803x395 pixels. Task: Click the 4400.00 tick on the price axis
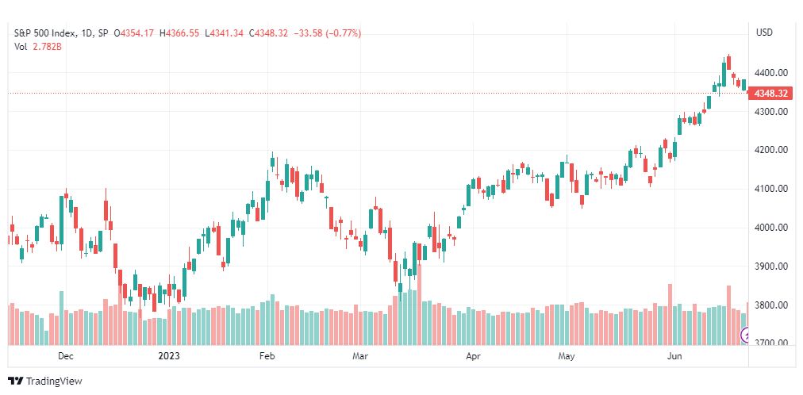(772, 73)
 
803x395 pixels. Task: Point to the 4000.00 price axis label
(772, 227)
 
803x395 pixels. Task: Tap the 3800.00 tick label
(772, 305)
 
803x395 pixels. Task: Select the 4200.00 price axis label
(772, 150)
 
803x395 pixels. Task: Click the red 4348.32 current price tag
(770, 94)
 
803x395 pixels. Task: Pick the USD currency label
(764, 33)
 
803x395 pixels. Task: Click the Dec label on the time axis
(66, 356)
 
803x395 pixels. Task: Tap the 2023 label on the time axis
(168, 356)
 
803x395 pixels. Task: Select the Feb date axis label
(267, 356)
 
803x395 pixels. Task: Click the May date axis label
(567, 356)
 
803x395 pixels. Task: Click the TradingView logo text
(54, 382)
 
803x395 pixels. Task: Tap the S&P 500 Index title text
(45, 33)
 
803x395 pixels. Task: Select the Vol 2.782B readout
(38, 47)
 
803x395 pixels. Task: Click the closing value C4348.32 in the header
(268, 33)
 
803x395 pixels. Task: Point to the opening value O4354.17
(133, 33)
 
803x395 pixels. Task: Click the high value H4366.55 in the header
(179, 33)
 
